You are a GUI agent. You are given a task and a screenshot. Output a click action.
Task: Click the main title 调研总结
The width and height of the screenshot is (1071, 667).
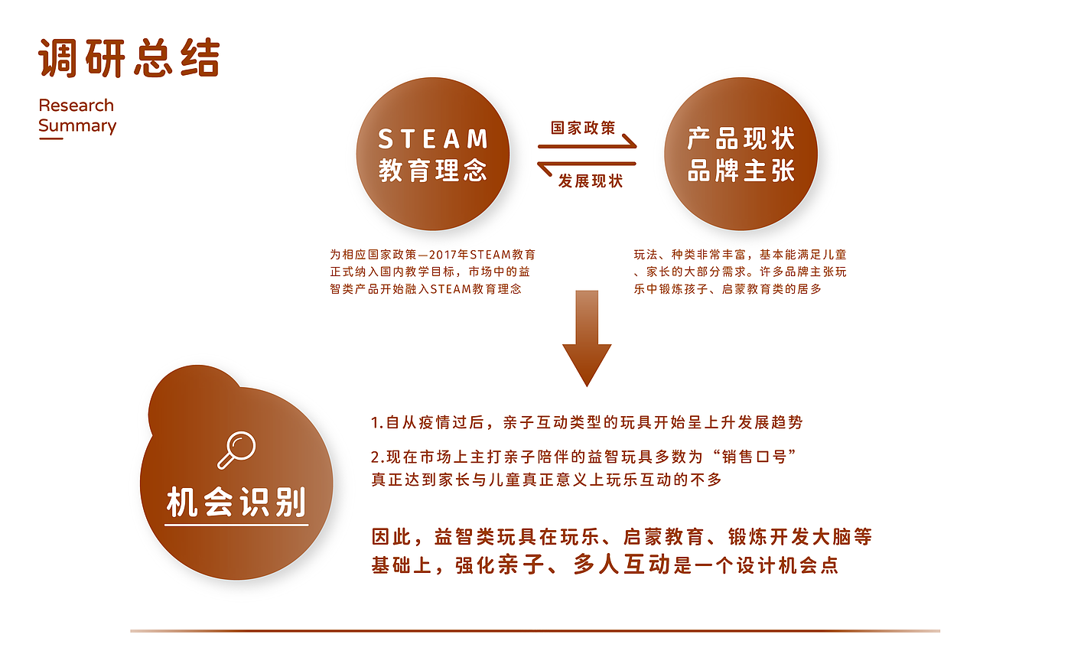pos(129,58)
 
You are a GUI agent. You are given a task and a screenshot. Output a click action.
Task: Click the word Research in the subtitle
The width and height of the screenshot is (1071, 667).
pos(76,106)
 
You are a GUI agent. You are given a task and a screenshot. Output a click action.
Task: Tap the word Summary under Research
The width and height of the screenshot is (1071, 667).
pos(77,125)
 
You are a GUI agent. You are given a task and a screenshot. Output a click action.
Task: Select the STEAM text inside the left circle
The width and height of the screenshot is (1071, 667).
pos(433,139)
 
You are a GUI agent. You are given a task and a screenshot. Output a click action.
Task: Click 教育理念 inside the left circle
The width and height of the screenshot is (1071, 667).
pos(433,170)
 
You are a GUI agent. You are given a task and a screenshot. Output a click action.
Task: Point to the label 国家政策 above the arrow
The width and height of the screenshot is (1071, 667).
pos(583,128)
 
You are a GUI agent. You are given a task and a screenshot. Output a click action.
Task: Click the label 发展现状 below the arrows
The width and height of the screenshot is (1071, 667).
pos(591,181)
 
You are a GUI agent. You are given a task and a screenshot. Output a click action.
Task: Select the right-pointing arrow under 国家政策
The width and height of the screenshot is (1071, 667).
pos(588,144)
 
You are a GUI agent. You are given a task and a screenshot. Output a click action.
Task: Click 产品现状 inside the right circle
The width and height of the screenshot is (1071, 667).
pos(741,139)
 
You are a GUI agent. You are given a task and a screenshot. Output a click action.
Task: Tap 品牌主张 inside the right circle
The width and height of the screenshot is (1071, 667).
pos(741,171)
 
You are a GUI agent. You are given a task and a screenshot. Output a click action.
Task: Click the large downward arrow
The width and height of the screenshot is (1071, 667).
pos(587,337)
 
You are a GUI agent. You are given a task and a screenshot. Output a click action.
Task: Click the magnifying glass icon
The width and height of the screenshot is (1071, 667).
pos(236,450)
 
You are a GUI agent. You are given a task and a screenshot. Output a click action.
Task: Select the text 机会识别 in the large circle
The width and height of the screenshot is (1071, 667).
pos(236,503)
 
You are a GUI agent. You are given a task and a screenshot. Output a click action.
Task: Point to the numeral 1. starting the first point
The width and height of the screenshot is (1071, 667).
pos(376,422)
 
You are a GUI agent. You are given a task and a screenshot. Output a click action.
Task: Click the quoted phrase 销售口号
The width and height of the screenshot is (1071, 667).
pos(754,457)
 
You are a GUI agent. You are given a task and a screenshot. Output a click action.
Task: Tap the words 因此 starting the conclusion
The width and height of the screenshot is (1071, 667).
pos(391,537)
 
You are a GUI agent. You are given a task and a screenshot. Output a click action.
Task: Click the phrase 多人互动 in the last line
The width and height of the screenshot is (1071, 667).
pos(622,565)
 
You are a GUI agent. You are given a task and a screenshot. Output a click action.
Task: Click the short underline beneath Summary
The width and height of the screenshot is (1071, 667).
pos(50,139)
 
